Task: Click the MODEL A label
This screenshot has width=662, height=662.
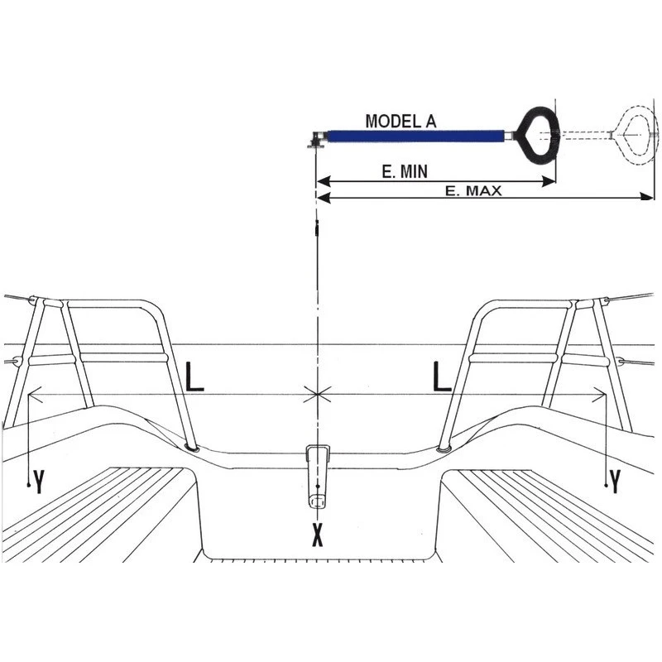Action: coord(401,121)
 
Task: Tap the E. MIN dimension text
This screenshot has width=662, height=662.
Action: coord(405,171)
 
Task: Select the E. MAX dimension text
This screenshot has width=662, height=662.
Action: coord(473,191)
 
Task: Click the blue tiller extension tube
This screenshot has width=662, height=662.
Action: coord(416,137)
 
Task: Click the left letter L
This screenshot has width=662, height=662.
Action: coord(194,377)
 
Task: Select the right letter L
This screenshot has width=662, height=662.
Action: coord(442,377)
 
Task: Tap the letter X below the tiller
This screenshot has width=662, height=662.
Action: coord(318,535)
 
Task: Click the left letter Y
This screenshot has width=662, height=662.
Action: coord(39,482)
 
